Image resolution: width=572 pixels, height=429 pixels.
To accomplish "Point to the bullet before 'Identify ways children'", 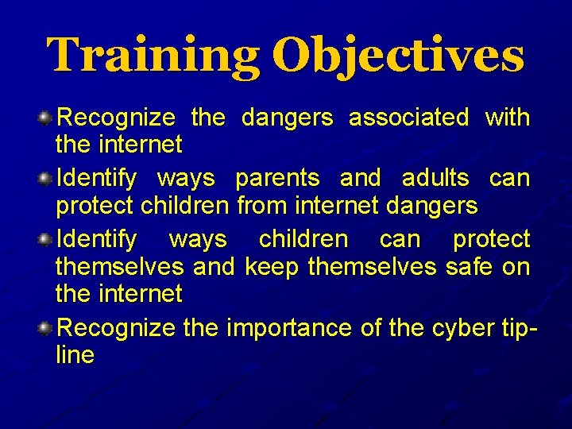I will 46,239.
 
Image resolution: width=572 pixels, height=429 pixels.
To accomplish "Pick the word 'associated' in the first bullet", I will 408,118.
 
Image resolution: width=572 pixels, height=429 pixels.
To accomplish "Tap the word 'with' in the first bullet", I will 507,118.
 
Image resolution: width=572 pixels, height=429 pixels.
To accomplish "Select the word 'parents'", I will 277,179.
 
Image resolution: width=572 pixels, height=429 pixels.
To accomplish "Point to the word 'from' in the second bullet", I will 264,206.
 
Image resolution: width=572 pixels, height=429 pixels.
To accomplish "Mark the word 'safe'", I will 469,266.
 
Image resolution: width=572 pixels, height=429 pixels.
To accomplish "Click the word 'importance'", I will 292,328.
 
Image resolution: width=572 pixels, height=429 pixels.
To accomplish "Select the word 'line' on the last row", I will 75,354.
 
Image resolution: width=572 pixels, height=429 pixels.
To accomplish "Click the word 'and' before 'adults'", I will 361,178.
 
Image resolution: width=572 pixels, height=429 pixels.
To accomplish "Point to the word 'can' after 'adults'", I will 509,179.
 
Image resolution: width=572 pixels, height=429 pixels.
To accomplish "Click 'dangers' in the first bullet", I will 287,118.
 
